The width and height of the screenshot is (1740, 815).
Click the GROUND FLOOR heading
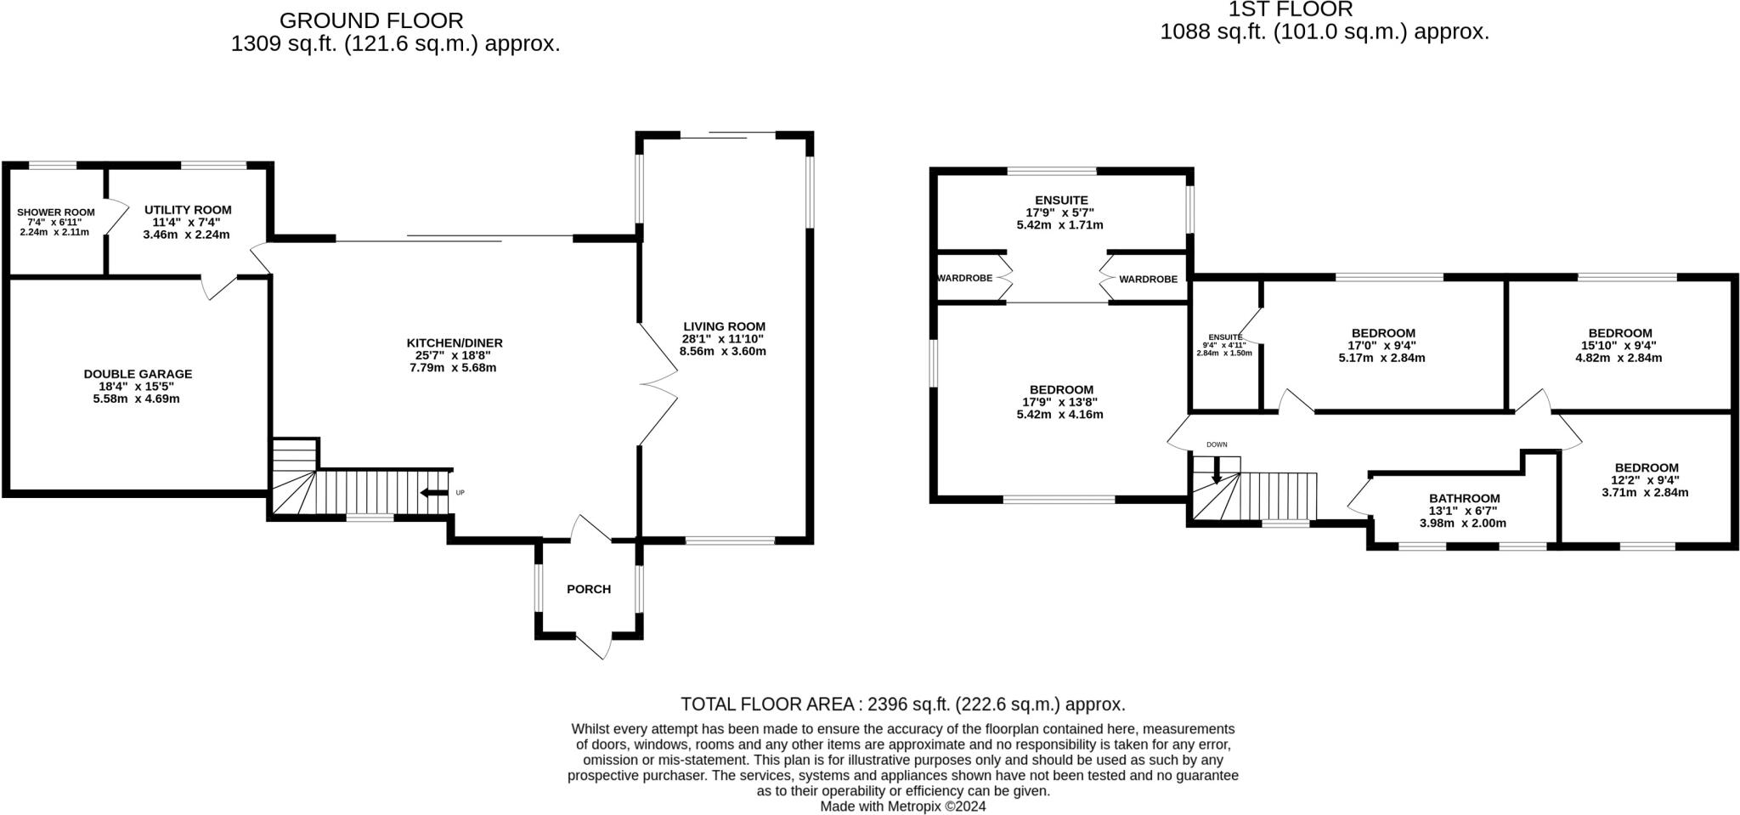(x=371, y=20)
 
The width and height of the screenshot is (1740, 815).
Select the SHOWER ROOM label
(x=56, y=212)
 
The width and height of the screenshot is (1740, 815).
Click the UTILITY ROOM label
(x=188, y=210)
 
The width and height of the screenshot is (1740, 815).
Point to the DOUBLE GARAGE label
(x=138, y=374)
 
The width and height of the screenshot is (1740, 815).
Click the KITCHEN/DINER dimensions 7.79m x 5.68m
(x=455, y=368)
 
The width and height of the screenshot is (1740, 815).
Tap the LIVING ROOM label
(x=724, y=326)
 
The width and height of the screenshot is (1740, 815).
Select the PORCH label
(x=589, y=589)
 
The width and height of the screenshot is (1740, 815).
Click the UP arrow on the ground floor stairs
(x=435, y=493)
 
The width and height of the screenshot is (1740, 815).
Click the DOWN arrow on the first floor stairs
(x=1216, y=470)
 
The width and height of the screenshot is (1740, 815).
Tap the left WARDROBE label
(x=964, y=278)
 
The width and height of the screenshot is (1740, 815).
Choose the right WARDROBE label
(x=1148, y=279)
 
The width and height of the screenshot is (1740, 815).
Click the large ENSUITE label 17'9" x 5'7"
(x=1061, y=201)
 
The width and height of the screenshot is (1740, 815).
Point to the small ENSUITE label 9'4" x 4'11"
(x=1224, y=337)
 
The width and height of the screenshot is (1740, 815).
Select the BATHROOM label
(x=1464, y=498)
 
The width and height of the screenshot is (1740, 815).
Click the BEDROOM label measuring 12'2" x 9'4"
(x=1646, y=467)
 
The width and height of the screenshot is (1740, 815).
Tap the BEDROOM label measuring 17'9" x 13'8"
(x=1061, y=390)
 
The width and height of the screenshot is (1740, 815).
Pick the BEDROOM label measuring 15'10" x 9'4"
(x=1619, y=333)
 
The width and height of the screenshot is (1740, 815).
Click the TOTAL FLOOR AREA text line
(x=902, y=704)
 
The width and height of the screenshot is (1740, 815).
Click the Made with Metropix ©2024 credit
(x=902, y=806)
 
